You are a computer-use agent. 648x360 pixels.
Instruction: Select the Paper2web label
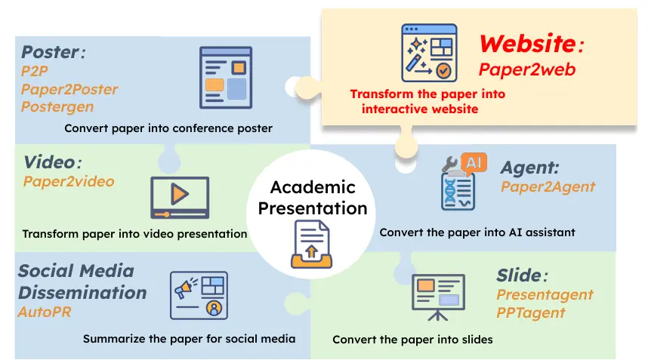click(x=527, y=69)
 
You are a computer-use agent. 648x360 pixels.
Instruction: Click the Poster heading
click(x=50, y=52)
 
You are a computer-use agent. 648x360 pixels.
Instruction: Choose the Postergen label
click(x=57, y=106)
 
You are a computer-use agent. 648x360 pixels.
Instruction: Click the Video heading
click(x=50, y=162)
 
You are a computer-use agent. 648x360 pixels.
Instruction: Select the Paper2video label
click(x=69, y=181)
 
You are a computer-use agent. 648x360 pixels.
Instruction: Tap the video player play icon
click(x=179, y=194)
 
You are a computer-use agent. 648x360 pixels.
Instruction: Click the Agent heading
click(x=529, y=168)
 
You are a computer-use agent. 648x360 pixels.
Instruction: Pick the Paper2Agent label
click(x=548, y=186)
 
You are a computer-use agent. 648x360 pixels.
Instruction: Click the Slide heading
click(x=519, y=275)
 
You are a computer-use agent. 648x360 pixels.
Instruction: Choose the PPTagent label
click(x=531, y=312)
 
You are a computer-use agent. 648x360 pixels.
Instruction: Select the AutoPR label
click(x=45, y=311)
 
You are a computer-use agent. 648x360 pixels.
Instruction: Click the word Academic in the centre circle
click(x=312, y=187)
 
